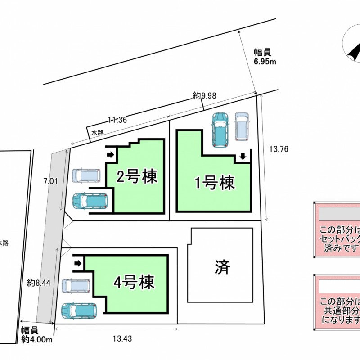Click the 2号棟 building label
tap(137, 176)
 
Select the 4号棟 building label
tap(134, 283)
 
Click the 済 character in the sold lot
tap(222, 267)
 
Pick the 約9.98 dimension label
tap(205, 95)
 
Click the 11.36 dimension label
tap(117, 120)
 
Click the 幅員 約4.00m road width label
tap(37, 336)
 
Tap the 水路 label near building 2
tap(98, 133)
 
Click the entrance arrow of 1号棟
tap(243, 156)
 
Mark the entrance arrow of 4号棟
tap(78, 262)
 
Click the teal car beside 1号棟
tap(220, 129)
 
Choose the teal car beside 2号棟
tap(90, 201)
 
